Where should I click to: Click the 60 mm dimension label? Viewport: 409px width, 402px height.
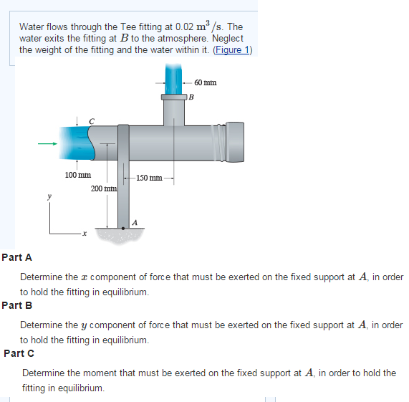pos(205,83)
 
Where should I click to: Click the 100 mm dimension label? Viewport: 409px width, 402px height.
pos(77,175)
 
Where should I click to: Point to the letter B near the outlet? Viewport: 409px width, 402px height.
pos(191,97)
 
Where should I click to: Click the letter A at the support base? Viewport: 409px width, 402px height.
pos(133,222)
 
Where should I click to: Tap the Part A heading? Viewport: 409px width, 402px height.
pos(16,257)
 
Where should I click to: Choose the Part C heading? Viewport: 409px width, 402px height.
pos(19,353)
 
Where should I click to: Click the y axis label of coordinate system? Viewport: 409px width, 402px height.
pos(49,194)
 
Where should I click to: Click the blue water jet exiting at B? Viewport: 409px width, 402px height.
pos(174,77)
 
